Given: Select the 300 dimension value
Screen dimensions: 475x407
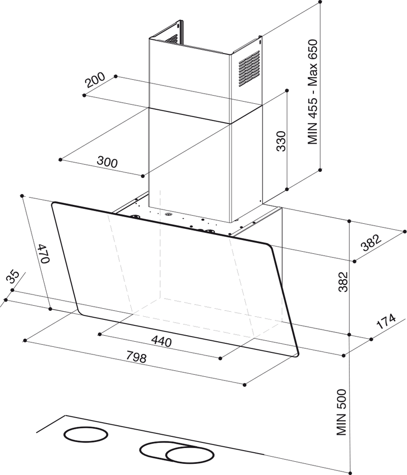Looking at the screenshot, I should pos(107,163).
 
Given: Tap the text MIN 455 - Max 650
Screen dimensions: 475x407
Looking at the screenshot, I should pos(313,93).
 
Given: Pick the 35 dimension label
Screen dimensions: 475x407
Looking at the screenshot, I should pos(13,277).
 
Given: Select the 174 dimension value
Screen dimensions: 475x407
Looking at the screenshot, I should pos(386,322).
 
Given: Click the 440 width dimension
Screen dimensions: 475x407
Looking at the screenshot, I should pos(161,341).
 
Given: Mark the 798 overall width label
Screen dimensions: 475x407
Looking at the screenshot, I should pos(135,358).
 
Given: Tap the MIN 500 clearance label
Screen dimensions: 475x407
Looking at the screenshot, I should pos(341,412).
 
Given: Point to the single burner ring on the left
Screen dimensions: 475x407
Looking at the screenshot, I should pos(85,435).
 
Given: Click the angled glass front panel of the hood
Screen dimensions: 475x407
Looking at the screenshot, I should pos(173,275).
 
